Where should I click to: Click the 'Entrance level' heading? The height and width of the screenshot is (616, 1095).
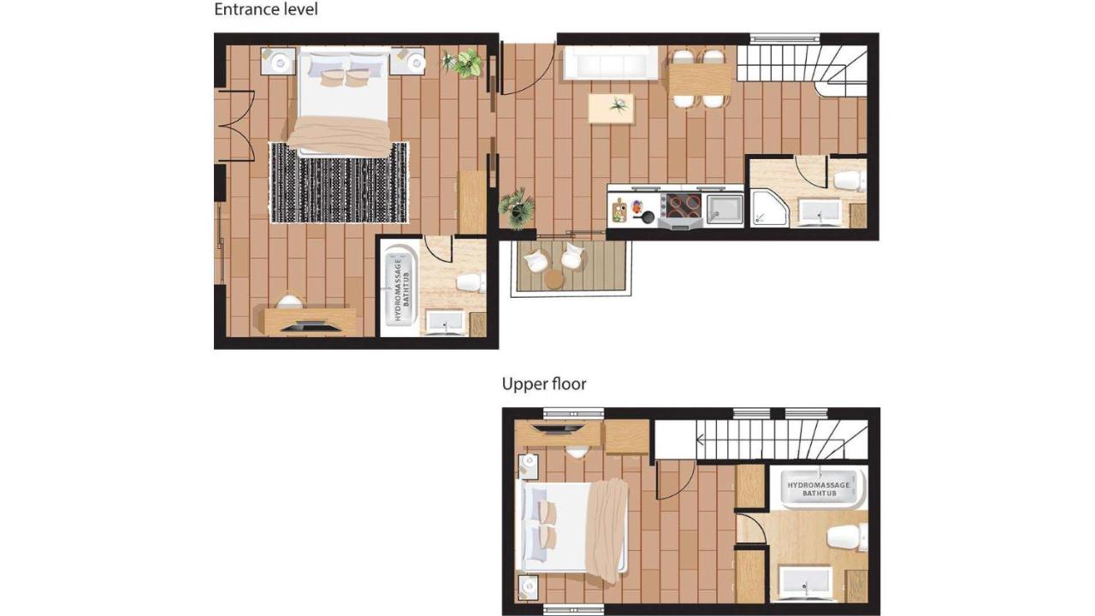coord(266,9)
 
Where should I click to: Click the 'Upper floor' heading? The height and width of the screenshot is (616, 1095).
coord(544,384)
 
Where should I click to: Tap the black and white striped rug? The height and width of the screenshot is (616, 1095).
coord(339,183)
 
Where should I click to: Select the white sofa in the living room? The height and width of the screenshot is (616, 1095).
coord(611,63)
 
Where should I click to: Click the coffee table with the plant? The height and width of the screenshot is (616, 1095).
coord(611,109)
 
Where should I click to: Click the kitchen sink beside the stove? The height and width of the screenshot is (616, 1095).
coord(725,210)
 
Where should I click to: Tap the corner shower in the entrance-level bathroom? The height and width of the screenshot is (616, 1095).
coord(770,209)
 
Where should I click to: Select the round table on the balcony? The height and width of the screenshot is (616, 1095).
coord(553,280)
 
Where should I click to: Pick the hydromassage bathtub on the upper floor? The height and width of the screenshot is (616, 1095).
coord(819,489)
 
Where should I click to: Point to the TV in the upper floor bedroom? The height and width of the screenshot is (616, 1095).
coord(558,429)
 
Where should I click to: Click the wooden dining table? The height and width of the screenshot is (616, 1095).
coord(700,80)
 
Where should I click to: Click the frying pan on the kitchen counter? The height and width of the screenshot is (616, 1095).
coord(645,216)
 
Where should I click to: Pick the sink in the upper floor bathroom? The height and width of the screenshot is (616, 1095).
coord(805,583)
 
